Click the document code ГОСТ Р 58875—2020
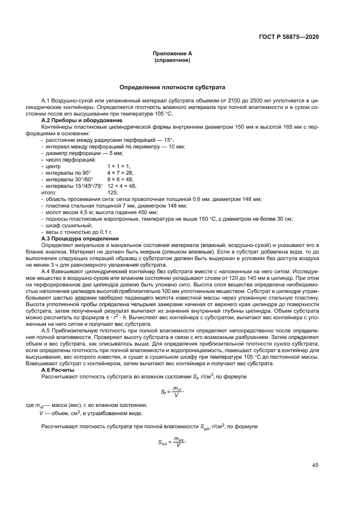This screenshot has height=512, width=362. click(x=289, y=37)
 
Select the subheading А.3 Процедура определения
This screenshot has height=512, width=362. click(x=80, y=239)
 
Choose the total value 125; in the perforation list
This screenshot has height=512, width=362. click(x=113, y=193)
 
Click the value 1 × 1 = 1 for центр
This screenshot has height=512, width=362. click(x=119, y=165)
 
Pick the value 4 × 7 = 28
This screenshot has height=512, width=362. click(x=120, y=172)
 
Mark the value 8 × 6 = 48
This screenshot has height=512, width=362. click(x=120, y=179)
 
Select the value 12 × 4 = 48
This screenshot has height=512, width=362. click(x=122, y=186)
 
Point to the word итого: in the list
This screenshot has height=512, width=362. click(x=49, y=193)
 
